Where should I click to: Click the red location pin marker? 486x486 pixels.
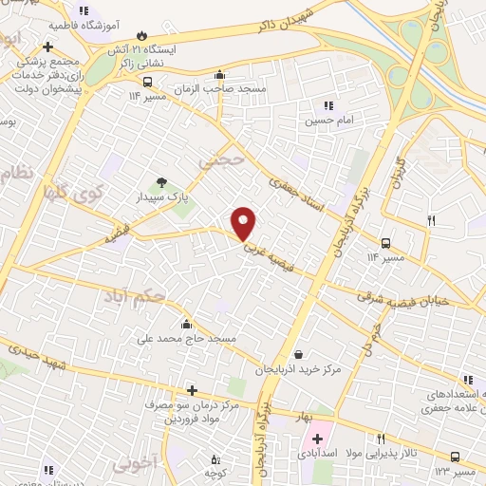coord(244,223)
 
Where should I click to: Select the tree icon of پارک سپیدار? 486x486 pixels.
coord(160,182)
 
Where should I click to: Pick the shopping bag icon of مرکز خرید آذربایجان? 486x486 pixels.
coord(299,355)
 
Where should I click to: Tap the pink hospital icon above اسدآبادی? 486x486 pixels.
coord(317,439)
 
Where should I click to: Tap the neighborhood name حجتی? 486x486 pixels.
coord(222,162)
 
